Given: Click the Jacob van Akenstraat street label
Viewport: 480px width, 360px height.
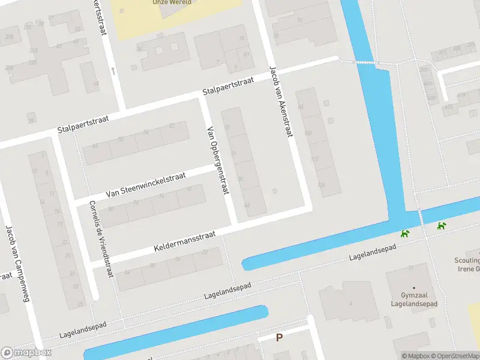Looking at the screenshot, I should coord(281,101).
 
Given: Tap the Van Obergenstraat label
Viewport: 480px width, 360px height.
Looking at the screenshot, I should coord(218,160).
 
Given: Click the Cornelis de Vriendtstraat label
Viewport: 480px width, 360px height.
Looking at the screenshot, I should coord(100,238).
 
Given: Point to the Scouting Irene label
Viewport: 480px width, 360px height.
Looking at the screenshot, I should coord(467,265).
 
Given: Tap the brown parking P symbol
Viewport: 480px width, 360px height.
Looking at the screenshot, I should coord(279,338).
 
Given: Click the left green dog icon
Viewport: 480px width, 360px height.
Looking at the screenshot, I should coord(406,233).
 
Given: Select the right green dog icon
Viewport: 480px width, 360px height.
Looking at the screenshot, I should coord(442,226).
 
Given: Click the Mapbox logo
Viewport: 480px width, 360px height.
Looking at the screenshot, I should coord(26,353).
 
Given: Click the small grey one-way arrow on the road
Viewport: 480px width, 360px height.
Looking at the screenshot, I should coord(113,71).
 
